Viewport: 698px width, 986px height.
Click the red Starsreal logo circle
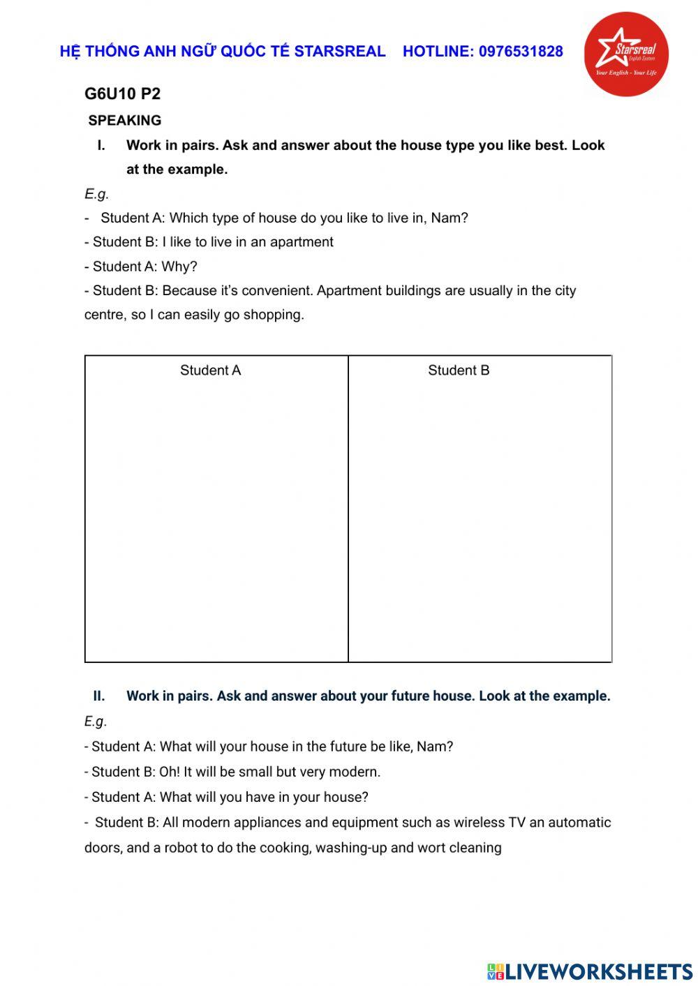click(x=625, y=54)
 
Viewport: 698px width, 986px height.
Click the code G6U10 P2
click(x=122, y=94)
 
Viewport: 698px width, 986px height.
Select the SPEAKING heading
click(x=125, y=121)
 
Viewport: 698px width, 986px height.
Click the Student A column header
click(x=210, y=371)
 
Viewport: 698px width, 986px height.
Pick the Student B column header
click(x=459, y=371)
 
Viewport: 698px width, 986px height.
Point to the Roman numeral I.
click(x=101, y=146)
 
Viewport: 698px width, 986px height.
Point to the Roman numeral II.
click(x=99, y=696)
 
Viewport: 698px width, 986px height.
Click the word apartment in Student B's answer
click(x=302, y=242)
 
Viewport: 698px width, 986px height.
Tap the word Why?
click(x=179, y=267)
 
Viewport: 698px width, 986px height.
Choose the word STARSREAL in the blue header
click(x=339, y=51)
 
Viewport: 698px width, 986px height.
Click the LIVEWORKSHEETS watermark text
click(x=599, y=971)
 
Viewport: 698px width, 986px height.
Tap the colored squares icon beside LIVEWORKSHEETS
click(x=496, y=971)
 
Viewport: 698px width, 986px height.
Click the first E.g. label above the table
click(x=96, y=194)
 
